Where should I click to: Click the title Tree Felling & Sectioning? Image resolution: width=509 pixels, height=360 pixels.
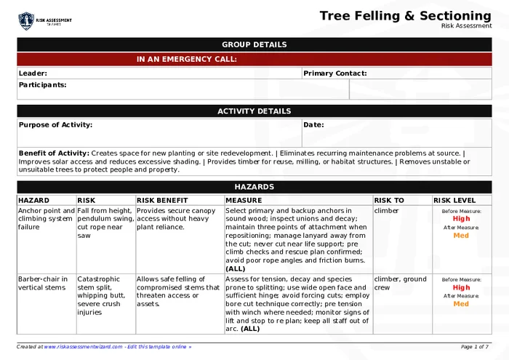click(405, 15)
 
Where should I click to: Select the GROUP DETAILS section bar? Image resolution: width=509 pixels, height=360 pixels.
click(254, 44)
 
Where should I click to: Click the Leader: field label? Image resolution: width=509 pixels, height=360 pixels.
click(33, 73)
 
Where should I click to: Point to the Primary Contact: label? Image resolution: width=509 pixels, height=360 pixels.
click(334, 73)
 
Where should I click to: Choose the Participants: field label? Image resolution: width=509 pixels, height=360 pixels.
click(42, 84)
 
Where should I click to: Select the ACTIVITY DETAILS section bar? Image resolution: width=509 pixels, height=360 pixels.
click(254, 111)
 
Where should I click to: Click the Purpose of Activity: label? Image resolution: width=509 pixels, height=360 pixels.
click(55, 124)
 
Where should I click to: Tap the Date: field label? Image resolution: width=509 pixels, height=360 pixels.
click(313, 124)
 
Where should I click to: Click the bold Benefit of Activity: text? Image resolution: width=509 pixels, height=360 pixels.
click(54, 153)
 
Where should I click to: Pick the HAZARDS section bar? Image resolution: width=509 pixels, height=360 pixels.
click(254, 187)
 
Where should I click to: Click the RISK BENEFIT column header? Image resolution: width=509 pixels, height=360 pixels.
click(162, 200)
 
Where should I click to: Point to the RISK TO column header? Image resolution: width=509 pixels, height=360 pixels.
click(389, 200)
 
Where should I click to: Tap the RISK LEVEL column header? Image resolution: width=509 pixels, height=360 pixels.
click(455, 200)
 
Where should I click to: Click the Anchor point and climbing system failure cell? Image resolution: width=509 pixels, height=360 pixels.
click(46, 218)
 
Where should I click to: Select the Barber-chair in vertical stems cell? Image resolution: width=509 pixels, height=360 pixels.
click(43, 283)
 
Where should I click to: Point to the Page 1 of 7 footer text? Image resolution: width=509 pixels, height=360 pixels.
click(475, 347)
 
